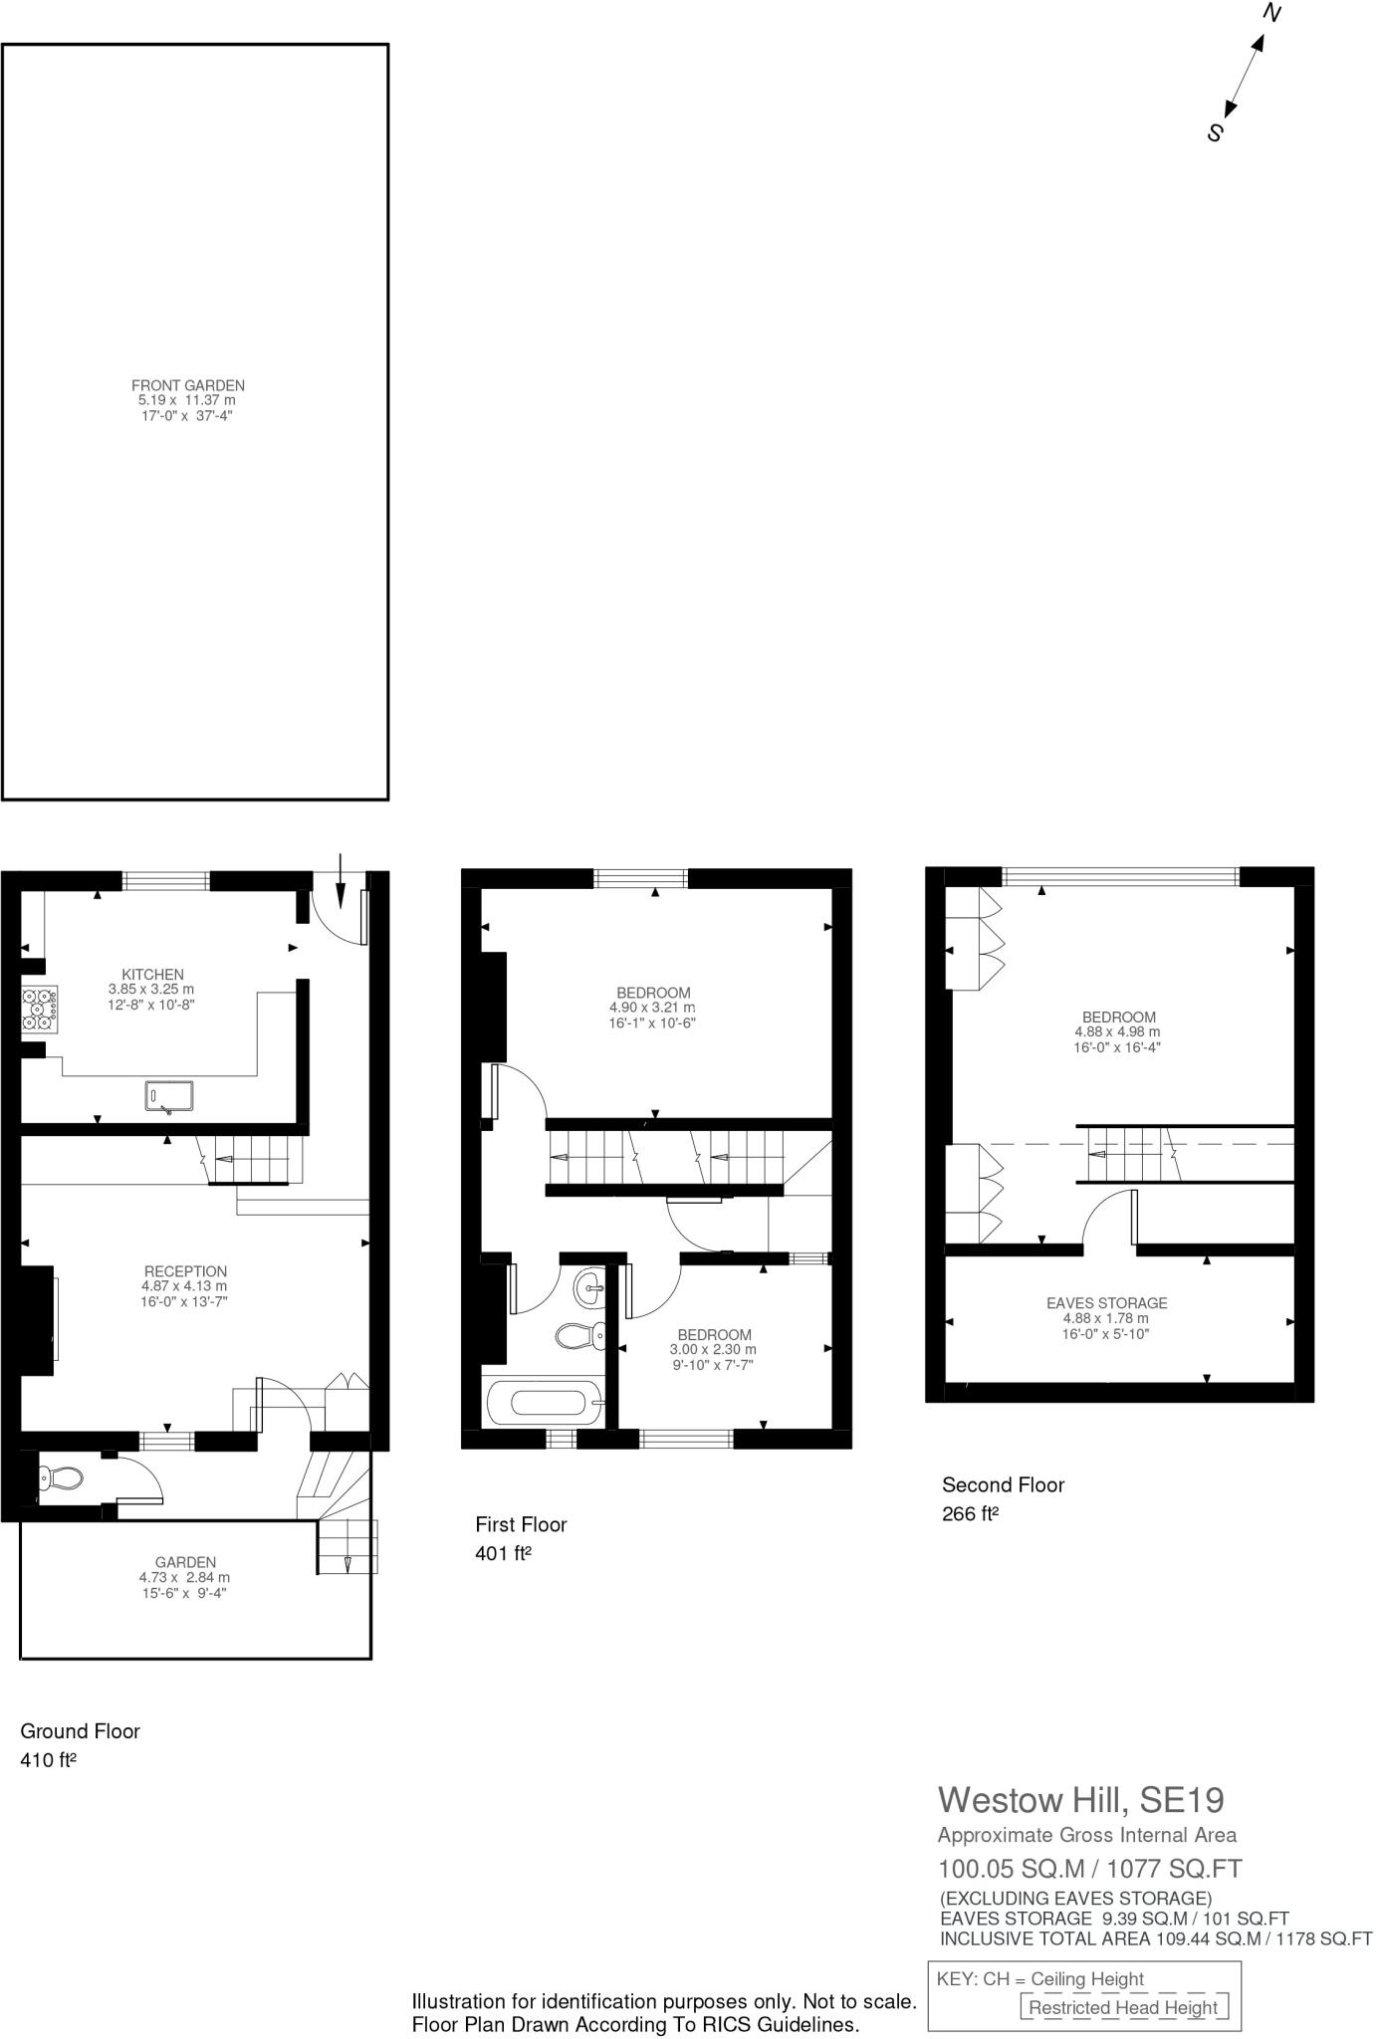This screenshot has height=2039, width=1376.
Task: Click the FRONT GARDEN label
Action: pyautogui.click(x=187, y=385)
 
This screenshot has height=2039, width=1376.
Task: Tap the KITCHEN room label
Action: pyautogui.click(x=152, y=975)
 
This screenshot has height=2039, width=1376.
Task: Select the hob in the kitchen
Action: pyautogui.click(x=40, y=1008)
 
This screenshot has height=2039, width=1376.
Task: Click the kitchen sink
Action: pyautogui.click(x=168, y=1096)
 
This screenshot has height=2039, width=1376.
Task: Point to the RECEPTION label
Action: pyautogui.click(x=185, y=1271)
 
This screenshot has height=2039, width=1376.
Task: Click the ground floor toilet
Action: pyautogui.click(x=60, y=1479)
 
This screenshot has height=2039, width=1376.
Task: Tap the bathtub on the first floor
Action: pyautogui.click(x=545, y=1404)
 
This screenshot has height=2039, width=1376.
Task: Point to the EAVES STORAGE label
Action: pyautogui.click(x=1106, y=1303)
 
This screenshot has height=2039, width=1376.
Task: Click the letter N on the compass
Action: pyautogui.click(x=1271, y=13)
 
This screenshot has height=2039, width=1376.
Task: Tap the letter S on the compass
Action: pyautogui.click(x=1214, y=131)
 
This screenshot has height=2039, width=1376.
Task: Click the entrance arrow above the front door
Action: pyautogui.click(x=341, y=881)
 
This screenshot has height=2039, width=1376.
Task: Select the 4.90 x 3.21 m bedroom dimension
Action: pyautogui.click(x=652, y=1008)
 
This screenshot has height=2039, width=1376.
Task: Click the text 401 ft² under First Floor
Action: pyautogui.click(x=503, y=1553)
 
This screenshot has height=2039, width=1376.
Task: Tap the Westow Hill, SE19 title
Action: pyautogui.click(x=1080, y=1800)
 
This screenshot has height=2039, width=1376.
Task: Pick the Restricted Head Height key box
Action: pyautogui.click(x=1123, y=2007)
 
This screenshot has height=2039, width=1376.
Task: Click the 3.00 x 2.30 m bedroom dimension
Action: pyautogui.click(x=713, y=1350)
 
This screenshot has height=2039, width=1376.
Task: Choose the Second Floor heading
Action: pyautogui.click(x=1003, y=1484)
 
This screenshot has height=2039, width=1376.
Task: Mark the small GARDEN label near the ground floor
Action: pyautogui.click(x=185, y=1562)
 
